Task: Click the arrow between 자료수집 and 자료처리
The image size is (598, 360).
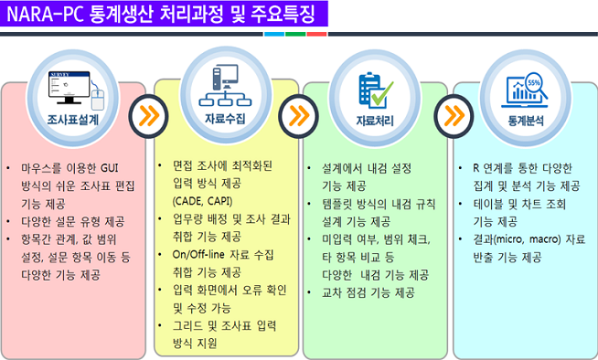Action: [x=298, y=115]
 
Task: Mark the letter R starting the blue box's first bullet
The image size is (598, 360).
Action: [x=476, y=168]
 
